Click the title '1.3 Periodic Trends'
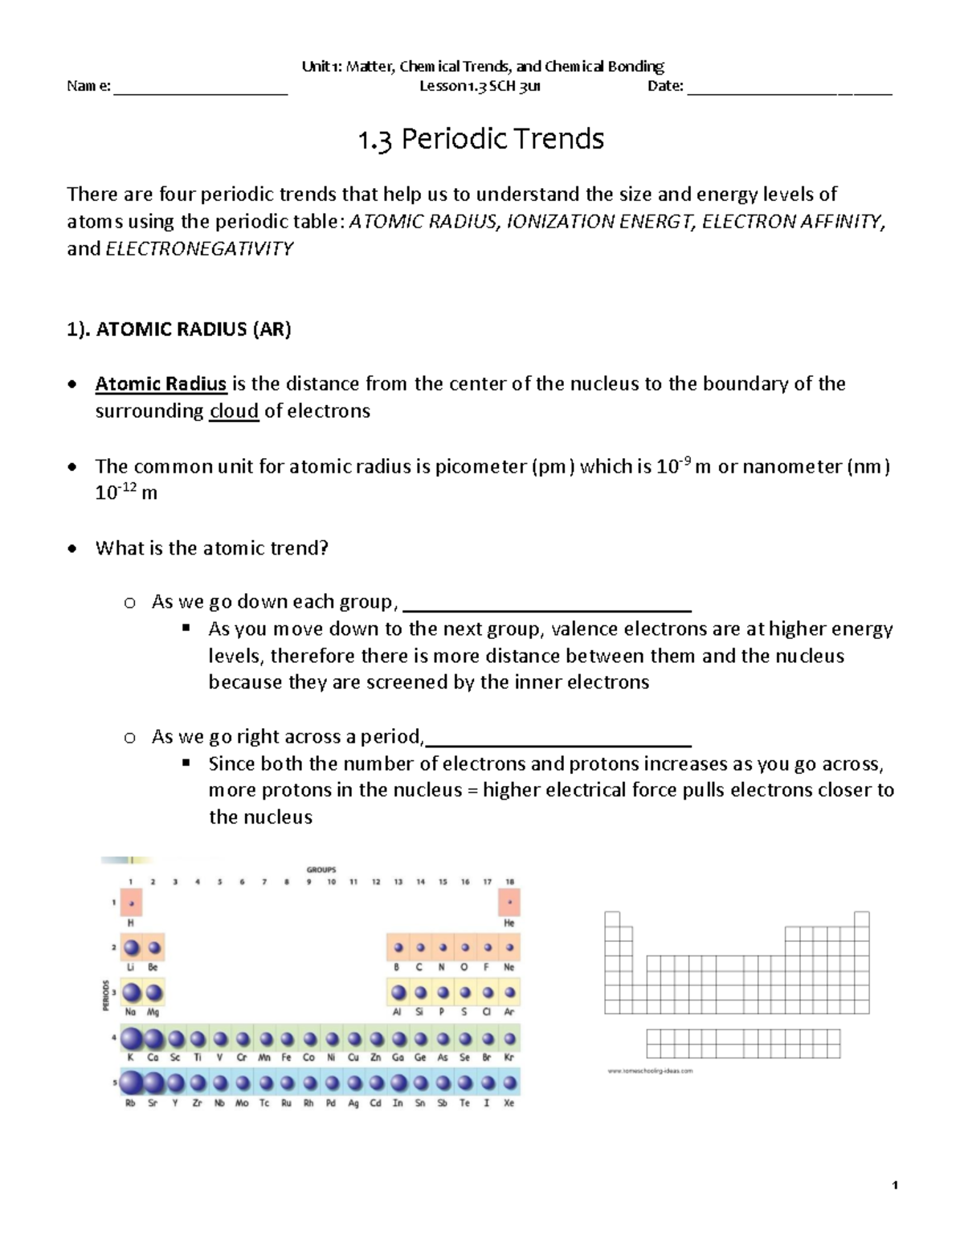[480, 140]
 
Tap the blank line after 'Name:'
[201, 88]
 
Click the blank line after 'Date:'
[790, 88]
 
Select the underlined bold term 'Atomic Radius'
[161, 384]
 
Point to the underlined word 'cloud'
[234, 411]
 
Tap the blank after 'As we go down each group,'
[546, 604]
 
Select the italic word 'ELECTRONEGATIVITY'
[199, 249]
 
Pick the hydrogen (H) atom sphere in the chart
[131, 903]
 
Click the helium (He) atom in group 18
[509, 903]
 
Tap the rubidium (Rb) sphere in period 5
[131, 1083]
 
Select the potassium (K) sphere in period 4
[131, 1039]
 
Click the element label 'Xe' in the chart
[509, 1103]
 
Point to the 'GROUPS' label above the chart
[321, 870]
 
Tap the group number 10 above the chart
[331, 882]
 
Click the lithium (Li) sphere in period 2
[131, 949]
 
